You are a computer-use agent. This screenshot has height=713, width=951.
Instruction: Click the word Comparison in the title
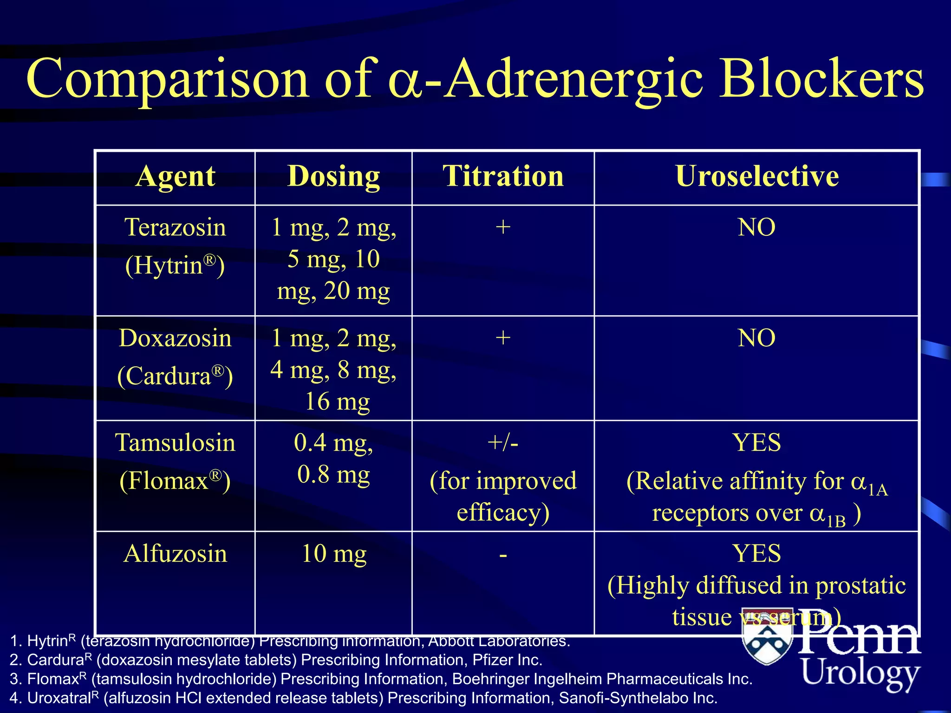(167, 79)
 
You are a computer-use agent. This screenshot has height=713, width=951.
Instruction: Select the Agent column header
(175, 176)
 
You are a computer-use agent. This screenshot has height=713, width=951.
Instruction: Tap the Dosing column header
(333, 176)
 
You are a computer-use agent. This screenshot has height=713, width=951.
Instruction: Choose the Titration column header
(503, 176)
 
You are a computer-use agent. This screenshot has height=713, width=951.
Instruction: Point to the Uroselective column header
(756, 176)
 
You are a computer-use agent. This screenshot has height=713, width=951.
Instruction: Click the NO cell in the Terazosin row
(756, 227)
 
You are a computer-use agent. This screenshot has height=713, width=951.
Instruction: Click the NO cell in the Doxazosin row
(756, 338)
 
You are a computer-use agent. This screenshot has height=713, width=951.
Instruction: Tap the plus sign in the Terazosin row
(503, 227)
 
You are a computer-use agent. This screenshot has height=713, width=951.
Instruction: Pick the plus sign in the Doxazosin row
(503, 337)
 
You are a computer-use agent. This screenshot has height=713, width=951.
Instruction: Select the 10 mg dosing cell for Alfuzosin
(333, 553)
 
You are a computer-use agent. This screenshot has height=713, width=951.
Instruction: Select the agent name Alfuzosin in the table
(175, 553)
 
